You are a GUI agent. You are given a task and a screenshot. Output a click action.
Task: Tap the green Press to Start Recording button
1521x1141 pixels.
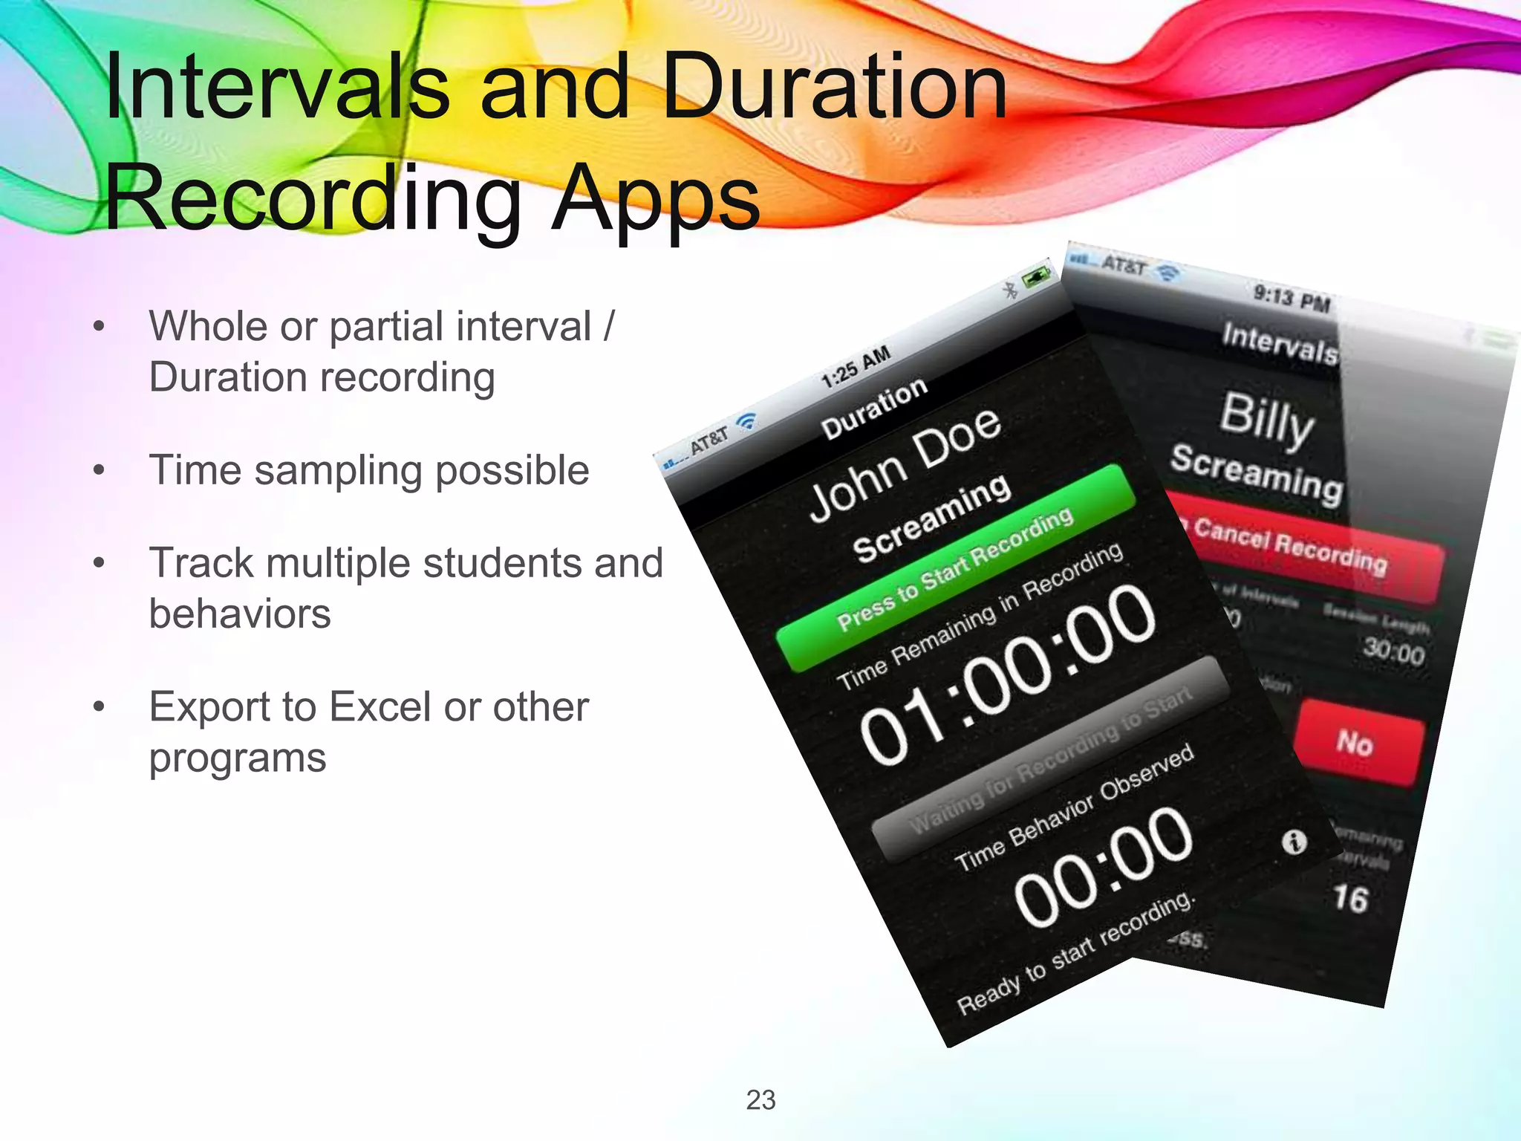pyautogui.click(x=956, y=568)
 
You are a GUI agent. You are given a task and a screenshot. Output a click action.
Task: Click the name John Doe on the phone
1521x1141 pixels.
pyautogui.click(x=905, y=465)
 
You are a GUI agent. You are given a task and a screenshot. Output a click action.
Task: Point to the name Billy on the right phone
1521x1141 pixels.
pyautogui.click(x=1266, y=420)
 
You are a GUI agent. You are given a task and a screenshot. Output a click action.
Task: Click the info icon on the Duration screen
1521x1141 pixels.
pyautogui.click(x=1294, y=842)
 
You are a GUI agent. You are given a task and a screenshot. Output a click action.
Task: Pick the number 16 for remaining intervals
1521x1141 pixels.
pyautogui.click(x=1350, y=898)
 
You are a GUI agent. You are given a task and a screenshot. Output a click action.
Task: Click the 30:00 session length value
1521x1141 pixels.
pyautogui.click(x=1394, y=652)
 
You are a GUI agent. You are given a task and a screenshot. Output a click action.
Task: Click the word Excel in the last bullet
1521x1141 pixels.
pyautogui.click(x=380, y=706)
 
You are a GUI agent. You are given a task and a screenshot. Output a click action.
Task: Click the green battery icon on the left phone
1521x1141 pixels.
pyautogui.click(x=1037, y=279)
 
